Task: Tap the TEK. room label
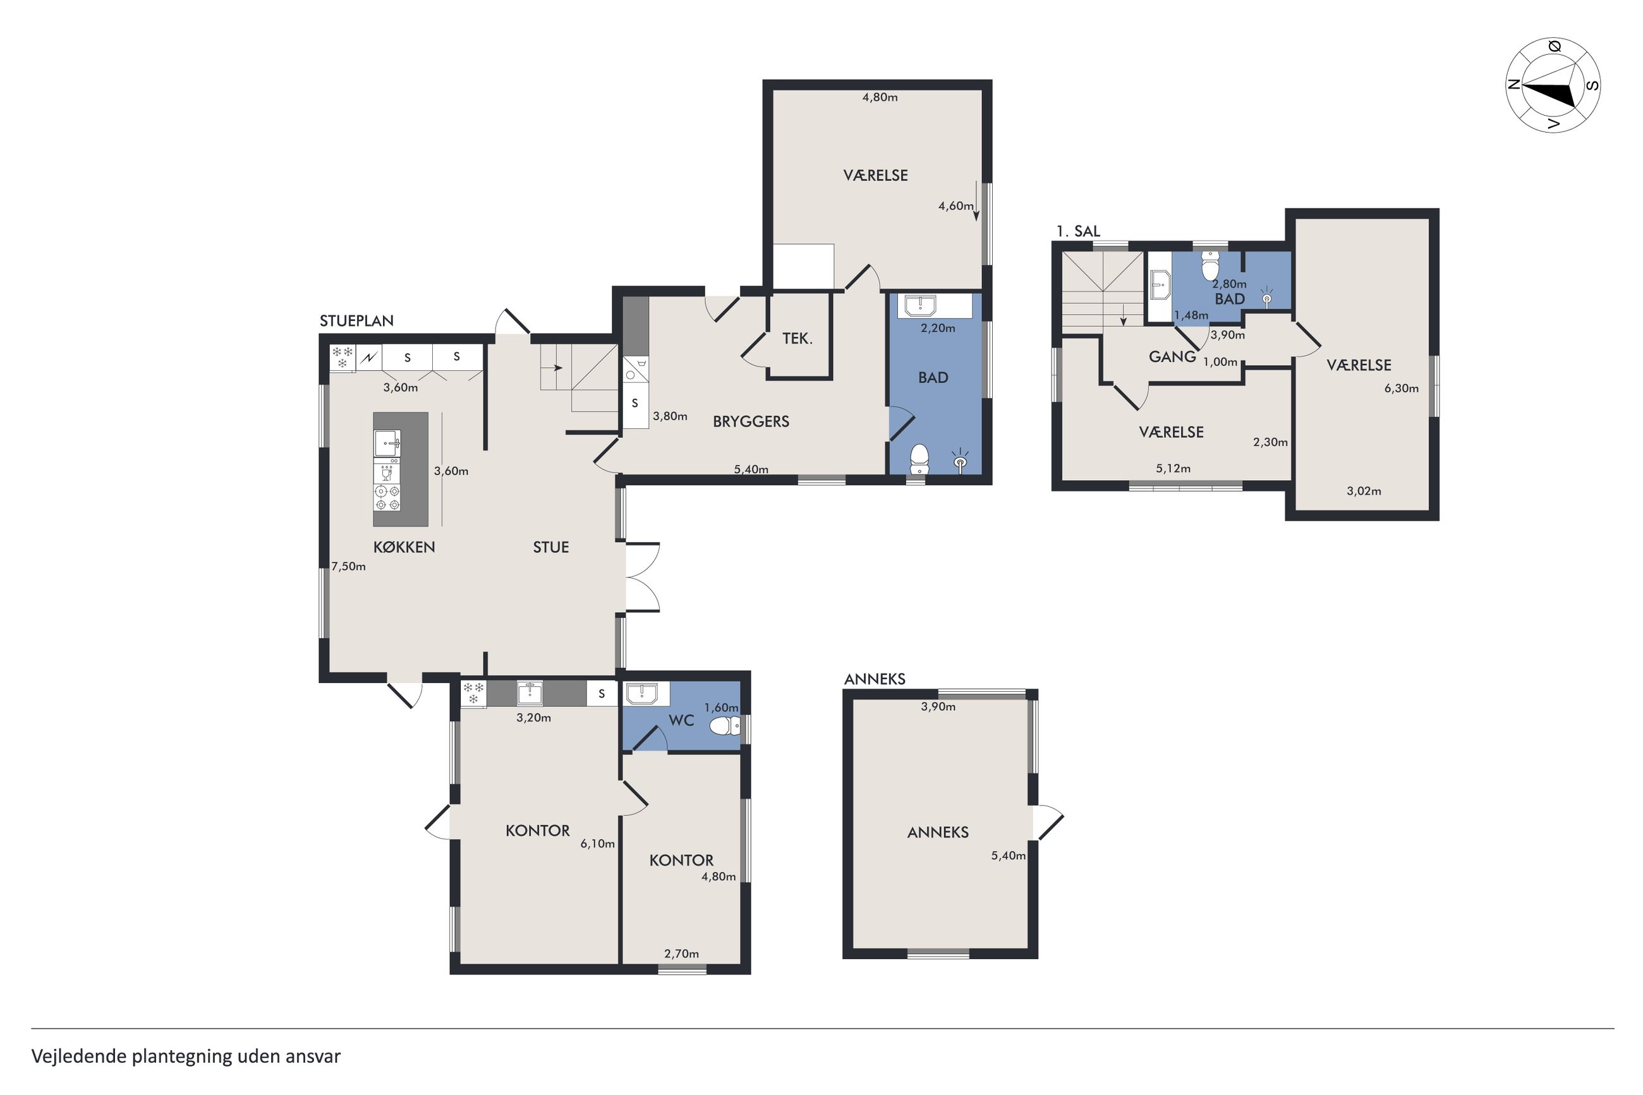[x=797, y=339]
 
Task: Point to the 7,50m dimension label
[x=348, y=566]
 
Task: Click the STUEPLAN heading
[x=356, y=320]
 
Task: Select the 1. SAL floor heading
[x=1077, y=231]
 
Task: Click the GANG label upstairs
[x=1172, y=357]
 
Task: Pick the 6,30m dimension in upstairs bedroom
[x=1402, y=389]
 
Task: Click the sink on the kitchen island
[x=387, y=443]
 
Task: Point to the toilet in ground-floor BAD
[x=919, y=458]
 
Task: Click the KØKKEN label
[x=404, y=547]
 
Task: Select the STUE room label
[x=551, y=547]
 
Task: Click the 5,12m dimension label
[x=1173, y=469]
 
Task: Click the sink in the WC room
[x=641, y=693]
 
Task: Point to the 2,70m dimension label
[x=681, y=954]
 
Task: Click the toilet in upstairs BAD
[x=1210, y=266]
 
